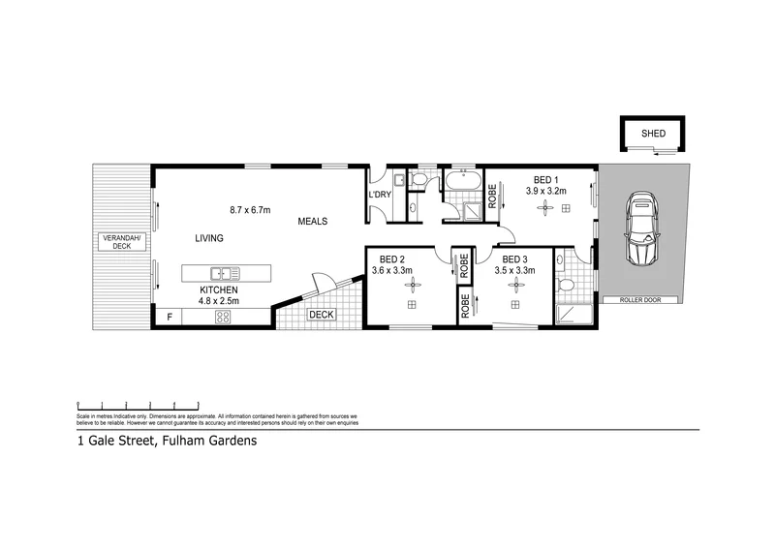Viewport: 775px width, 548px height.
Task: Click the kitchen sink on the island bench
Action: click(x=221, y=273)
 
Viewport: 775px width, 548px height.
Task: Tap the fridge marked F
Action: click(x=170, y=317)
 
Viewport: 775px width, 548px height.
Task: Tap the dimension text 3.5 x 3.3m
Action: click(x=514, y=270)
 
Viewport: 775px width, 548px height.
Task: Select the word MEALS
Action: click(x=312, y=221)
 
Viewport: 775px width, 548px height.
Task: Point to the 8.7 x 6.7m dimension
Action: click(x=249, y=210)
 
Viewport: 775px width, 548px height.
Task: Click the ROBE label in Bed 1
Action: click(x=492, y=198)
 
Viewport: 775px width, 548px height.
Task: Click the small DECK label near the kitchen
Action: click(x=320, y=315)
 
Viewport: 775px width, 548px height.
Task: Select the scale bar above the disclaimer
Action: click(x=138, y=406)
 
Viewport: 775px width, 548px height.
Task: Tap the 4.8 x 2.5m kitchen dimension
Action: click(x=219, y=300)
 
